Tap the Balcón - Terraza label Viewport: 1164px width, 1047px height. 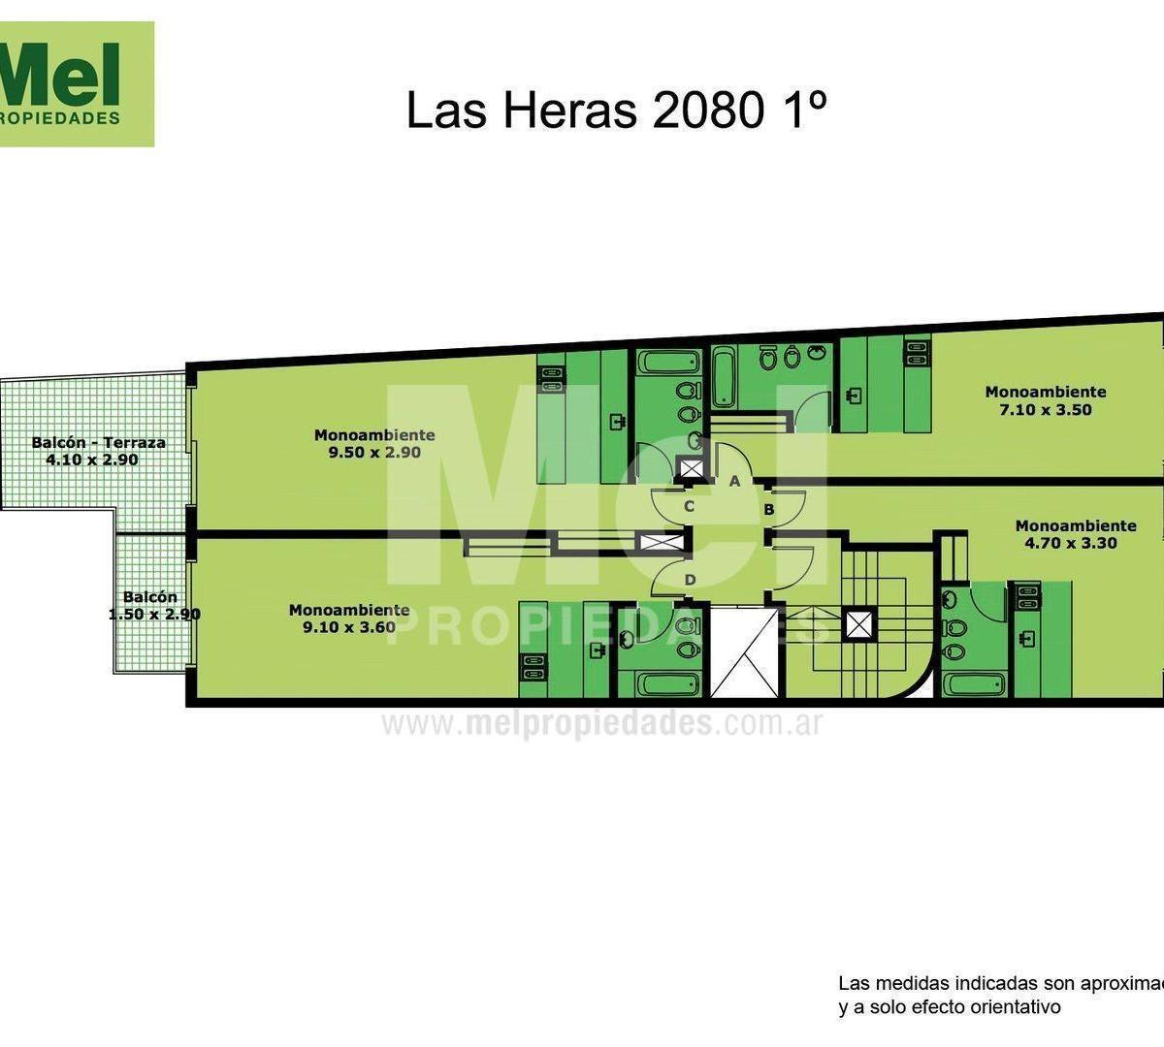(98, 442)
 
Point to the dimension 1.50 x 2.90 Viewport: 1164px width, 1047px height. (154, 615)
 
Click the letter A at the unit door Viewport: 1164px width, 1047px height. (734, 481)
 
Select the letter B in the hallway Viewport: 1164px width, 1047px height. (767, 509)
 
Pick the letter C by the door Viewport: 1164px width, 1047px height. (689, 506)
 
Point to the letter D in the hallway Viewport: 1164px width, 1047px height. (690, 580)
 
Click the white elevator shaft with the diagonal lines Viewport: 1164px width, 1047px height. (744, 652)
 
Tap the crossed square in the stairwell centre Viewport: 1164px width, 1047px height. (857, 623)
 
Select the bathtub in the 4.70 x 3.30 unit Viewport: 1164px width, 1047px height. (973, 684)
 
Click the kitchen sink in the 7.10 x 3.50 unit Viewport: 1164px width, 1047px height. (853, 396)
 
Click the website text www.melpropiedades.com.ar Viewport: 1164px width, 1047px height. (601, 724)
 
